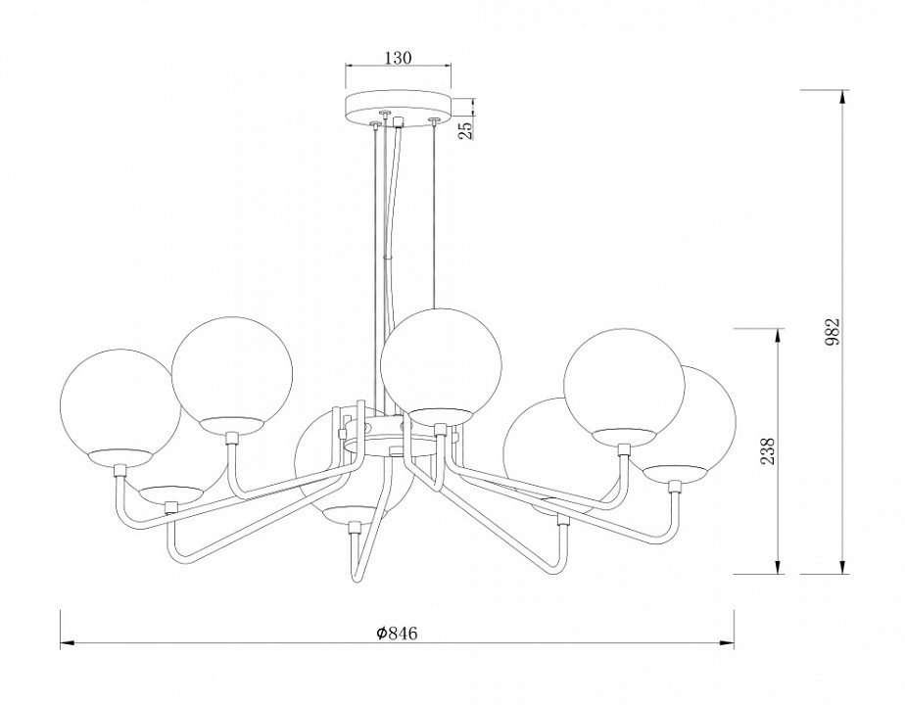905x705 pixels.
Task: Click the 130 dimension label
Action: click(x=397, y=59)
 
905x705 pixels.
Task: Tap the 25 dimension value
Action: click(x=466, y=127)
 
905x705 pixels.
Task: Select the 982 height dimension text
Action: click(x=832, y=332)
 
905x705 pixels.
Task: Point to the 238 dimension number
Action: click(x=768, y=450)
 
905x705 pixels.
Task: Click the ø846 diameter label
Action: click(x=396, y=633)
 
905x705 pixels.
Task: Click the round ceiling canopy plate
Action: click(x=398, y=106)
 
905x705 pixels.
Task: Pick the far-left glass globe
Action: click(x=120, y=407)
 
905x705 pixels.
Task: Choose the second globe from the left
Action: click(x=232, y=376)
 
